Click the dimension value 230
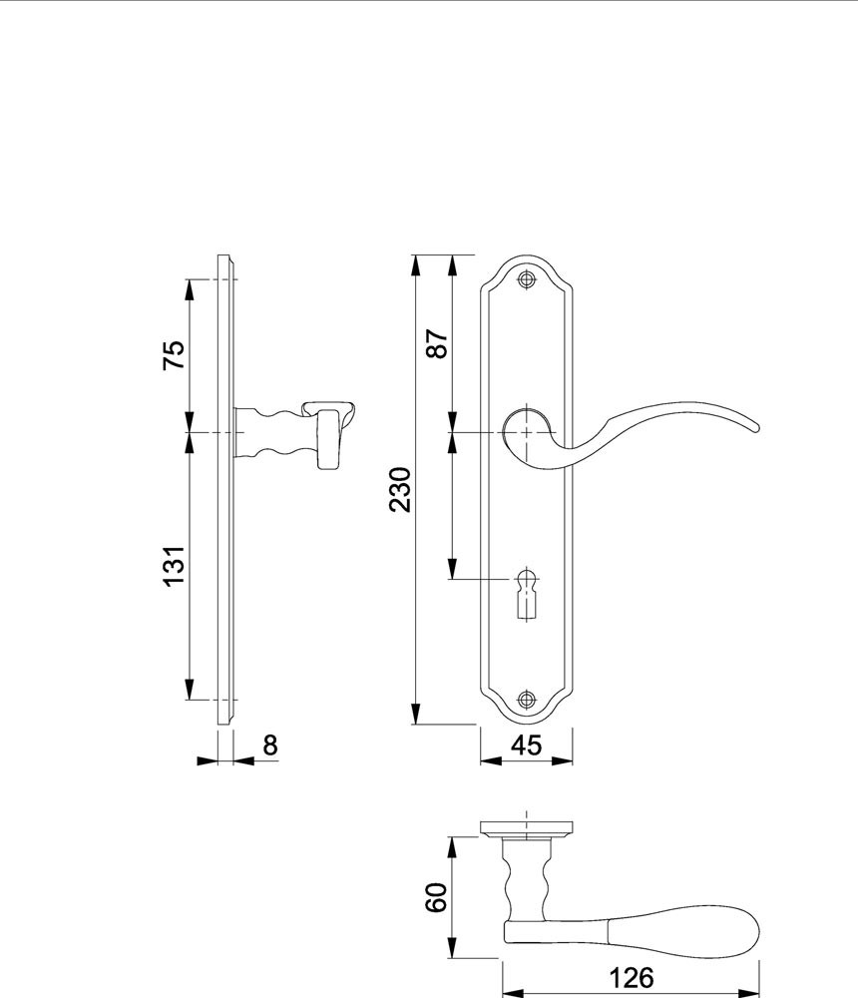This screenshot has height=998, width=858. (x=401, y=489)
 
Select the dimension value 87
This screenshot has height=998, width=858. (x=438, y=343)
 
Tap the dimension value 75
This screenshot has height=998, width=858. (x=174, y=354)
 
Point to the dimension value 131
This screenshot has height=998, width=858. (x=174, y=566)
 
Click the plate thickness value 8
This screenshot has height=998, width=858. (x=270, y=745)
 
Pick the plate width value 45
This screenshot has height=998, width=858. (x=527, y=745)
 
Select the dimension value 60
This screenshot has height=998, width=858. (x=437, y=897)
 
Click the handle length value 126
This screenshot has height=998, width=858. (x=632, y=978)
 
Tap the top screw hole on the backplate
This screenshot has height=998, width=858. (x=526, y=279)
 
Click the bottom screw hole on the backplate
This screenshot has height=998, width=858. (x=526, y=700)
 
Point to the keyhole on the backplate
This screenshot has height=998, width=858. (x=526, y=592)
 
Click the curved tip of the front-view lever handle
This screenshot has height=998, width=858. (x=753, y=427)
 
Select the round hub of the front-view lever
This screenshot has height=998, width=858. (x=526, y=433)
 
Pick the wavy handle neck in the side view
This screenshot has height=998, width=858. (x=275, y=433)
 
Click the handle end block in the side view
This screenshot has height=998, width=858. (x=328, y=439)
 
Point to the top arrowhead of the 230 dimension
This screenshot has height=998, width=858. (x=416, y=265)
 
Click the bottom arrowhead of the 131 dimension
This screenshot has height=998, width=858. (x=189, y=689)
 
